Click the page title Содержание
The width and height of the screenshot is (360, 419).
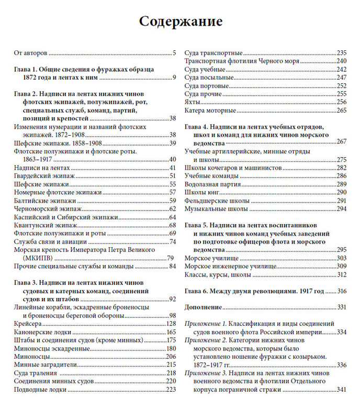(x=180, y=21)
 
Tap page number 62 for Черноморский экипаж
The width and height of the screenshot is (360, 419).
(x=172, y=209)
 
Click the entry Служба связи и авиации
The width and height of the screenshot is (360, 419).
(x=50, y=241)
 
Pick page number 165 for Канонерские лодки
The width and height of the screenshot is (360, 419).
(x=170, y=332)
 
